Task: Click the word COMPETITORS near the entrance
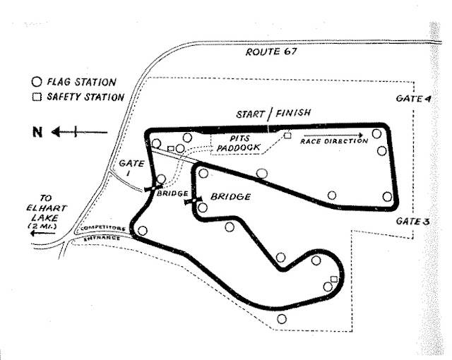coord(102,230)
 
